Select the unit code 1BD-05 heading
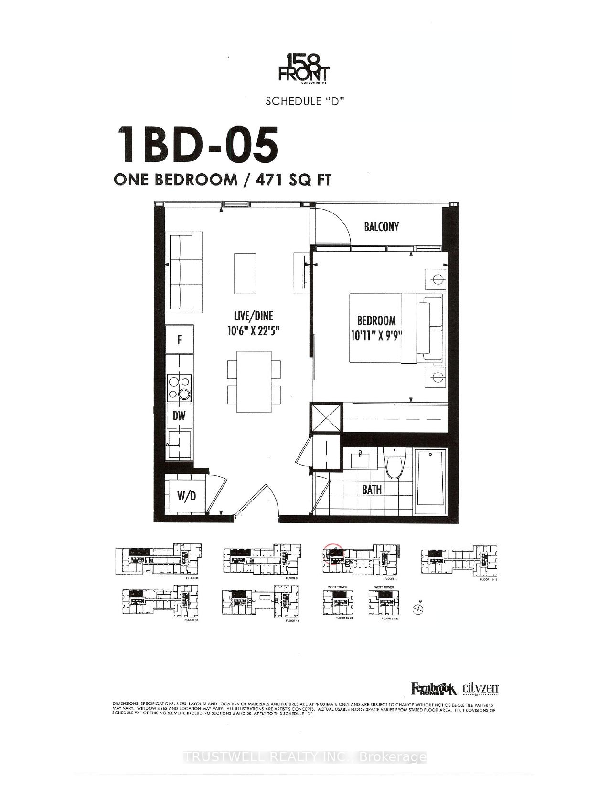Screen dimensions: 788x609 point(197,144)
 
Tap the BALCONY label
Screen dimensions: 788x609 point(381,226)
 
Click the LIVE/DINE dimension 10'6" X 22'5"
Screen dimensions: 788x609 point(253,330)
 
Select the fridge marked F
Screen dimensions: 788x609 point(180,340)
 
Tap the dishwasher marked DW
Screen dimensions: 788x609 point(179,416)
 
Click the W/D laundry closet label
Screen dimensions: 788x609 point(186,496)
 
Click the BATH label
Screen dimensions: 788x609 point(372,489)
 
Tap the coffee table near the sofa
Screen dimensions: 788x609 point(245,273)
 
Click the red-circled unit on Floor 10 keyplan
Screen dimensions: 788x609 point(332,554)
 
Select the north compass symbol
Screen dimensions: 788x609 point(418,608)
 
